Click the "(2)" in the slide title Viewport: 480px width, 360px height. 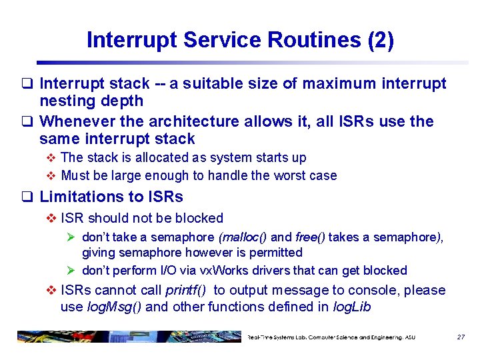381,41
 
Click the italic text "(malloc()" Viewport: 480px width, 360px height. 244,237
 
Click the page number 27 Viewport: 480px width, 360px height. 461,337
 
